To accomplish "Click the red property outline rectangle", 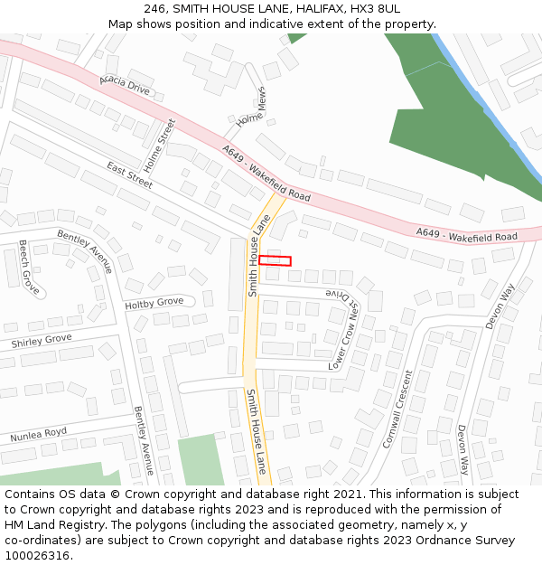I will pos(275,260).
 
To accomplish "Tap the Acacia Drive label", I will pos(125,87).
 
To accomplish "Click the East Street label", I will pos(130,175).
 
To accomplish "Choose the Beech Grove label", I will pos(30,268).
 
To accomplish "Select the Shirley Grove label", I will pos(41,341).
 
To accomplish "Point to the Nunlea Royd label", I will pos(39,436).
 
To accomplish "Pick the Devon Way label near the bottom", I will pos(463,449).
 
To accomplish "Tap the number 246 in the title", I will pos(154,8).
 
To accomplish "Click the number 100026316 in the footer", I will pos(36,555).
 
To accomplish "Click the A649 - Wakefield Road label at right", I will pos(466,235).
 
